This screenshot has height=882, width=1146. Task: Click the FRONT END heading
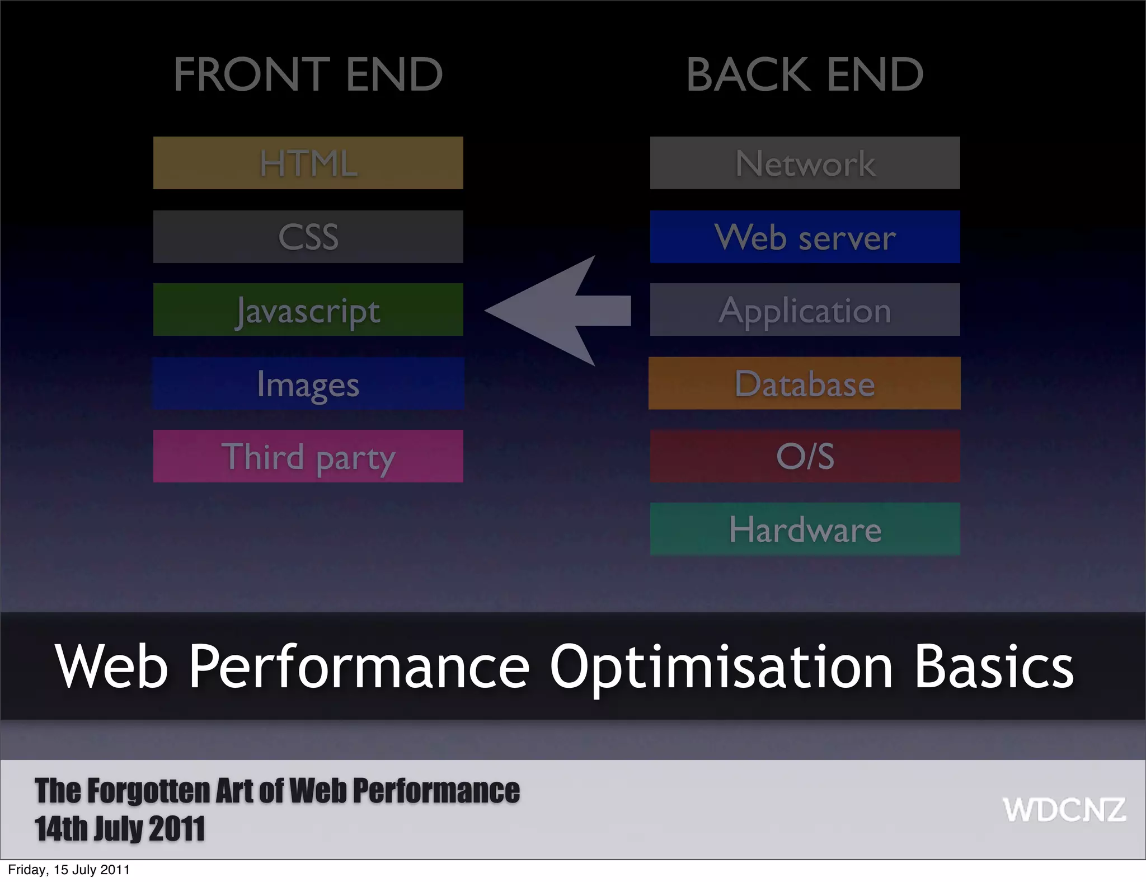click(x=308, y=74)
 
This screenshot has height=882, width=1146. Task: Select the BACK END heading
click(x=805, y=74)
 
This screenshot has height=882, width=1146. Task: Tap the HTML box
click(x=308, y=163)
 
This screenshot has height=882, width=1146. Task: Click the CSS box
click(x=308, y=237)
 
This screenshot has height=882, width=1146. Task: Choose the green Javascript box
click(x=308, y=309)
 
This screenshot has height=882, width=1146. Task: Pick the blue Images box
click(x=308, y=383)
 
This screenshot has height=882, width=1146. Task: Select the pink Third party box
click(x=308, y=456)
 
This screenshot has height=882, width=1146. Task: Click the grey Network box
click(x=805, y=163)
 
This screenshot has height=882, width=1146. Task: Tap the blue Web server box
click(x=805, y=237)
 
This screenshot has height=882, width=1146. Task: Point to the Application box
click(x=805, y=309)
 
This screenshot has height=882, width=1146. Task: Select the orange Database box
click(x=805, y=383)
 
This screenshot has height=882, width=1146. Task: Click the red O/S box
click(x=805, y=456)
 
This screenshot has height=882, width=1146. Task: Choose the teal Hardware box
click(x=805, y=529)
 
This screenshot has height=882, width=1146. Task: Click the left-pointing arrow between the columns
click(x=560, y=311)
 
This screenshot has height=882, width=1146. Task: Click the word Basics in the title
click(x=994, y=666)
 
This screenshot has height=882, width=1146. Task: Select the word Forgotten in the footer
click(x=149, y=791)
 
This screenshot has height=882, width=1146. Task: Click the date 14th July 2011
click(x=120, y=829)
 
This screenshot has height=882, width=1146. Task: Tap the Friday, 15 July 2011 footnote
click(x=69, y=870)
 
